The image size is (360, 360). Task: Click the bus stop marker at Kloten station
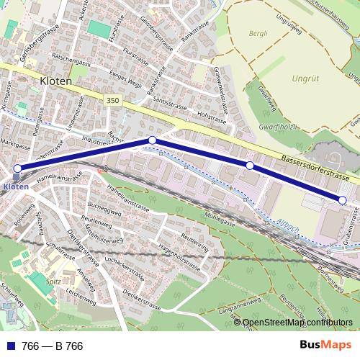[x=17, y=168]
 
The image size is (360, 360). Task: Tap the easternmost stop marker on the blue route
[x=343, y=199]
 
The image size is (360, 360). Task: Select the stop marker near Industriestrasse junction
[x=153, y=140]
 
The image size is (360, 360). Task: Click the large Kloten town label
[x=57, y=81]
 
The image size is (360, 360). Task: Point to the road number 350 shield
[x=111, y=101]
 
